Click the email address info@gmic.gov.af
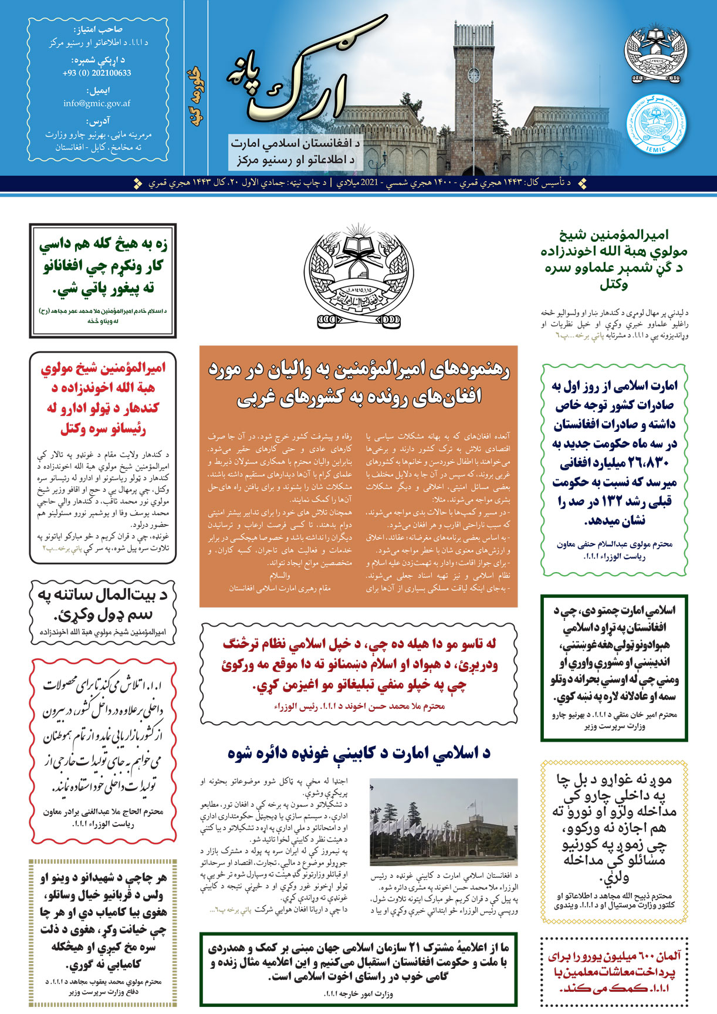pyautogui.click(x=97, y=103)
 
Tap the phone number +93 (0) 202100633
pyautogui.click(x=97, y=73)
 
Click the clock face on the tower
pyautogui.click(x=474, y=75)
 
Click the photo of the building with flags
pyautogui.click(x=444, y=822)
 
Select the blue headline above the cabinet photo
pyautogui.click(x=358, y=753)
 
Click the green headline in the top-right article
pyautogui.click(x=614, y=260)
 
